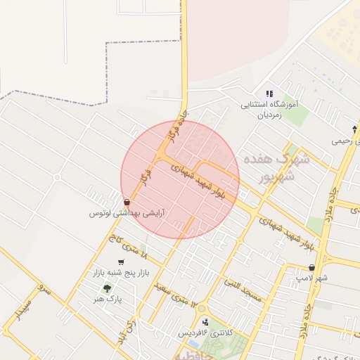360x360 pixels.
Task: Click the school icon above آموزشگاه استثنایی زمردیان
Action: click(x=269, y=94)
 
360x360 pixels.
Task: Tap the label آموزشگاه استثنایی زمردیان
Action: click(x=270, y=109)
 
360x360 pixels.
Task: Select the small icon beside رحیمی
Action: click(x=354, y=129)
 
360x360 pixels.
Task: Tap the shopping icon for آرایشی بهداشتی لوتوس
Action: click(x=126, y=201)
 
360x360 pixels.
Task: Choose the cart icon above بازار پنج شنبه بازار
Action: click(x=121, y=262)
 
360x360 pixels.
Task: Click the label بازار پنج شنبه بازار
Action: click(x=123, y=272)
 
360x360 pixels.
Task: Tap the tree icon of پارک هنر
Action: click(x=107, y=288)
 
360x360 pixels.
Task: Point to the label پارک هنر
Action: click(x=108, y=299)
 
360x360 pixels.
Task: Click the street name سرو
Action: click(x=45, y=291)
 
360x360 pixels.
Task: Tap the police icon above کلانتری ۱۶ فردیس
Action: click(x=205, y=321)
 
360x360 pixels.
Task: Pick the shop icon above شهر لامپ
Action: click(x=311, y=268)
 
